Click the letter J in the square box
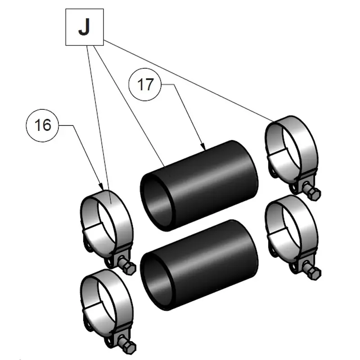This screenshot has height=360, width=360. point(84,27)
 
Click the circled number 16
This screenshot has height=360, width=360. point(43,125)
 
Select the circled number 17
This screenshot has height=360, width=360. point(145,84)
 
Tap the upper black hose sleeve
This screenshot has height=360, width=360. point(211,180)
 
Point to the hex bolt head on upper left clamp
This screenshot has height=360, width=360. point(129,268)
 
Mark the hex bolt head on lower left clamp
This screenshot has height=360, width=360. point(129,346)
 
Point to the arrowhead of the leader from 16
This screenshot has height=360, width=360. point(103,188)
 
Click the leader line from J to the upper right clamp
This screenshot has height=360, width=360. point(189,81)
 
